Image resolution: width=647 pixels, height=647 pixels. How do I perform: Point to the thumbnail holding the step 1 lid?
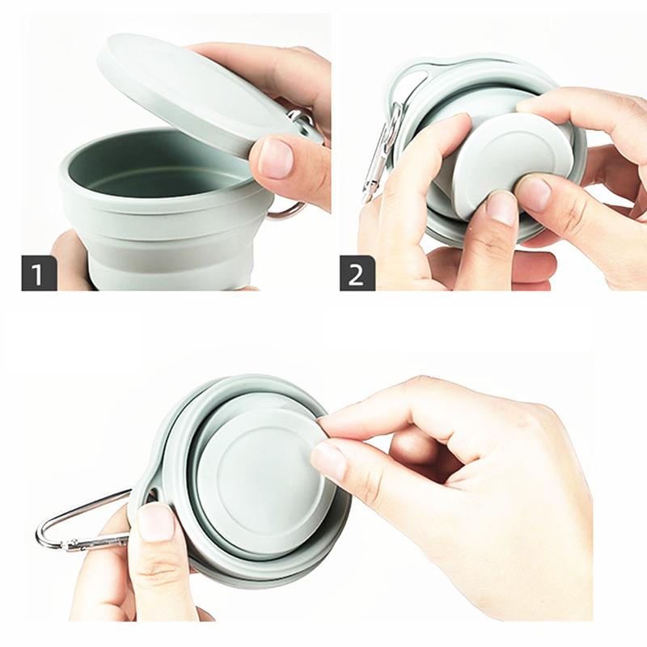(275, 158)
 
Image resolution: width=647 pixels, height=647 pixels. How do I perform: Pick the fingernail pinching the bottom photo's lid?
(328, 461)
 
